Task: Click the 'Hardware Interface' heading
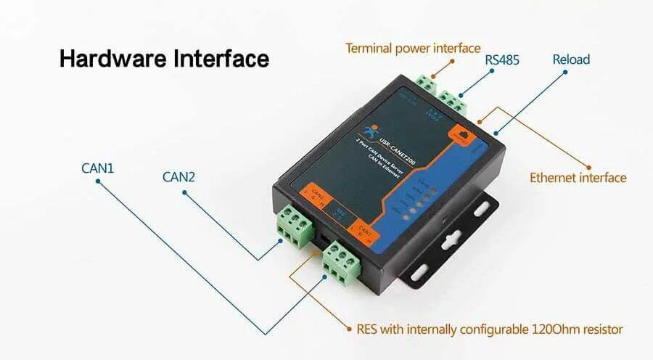click(x=163, y=58)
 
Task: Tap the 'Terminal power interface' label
click(x=412, y=49)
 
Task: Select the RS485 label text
click(x=502, y=60)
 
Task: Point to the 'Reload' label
click(x=571, y=59)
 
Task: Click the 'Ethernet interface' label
click(x=578, y=177)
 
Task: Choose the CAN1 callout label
click(x=97, y=168)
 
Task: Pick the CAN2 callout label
click(x=178, y=176)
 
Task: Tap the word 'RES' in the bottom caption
click(x=368, y=329)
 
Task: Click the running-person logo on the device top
click(x=376, y=133)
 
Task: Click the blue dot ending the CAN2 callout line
click(x=185, y=192)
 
